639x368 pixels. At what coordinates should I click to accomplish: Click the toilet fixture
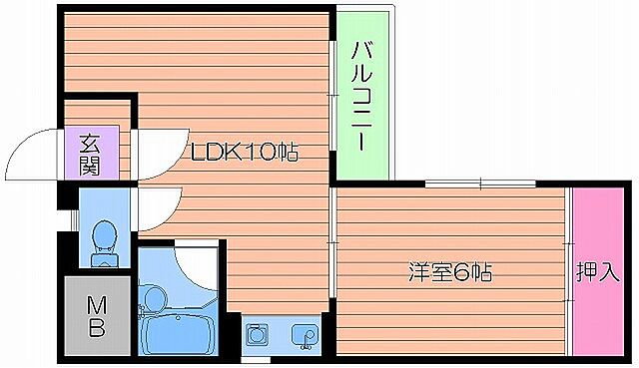(104, 240)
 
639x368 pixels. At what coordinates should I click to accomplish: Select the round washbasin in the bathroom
(155, 296)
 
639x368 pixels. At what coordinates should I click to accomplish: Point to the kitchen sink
(304, 336)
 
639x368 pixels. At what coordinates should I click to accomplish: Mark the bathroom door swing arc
(196, 261)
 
